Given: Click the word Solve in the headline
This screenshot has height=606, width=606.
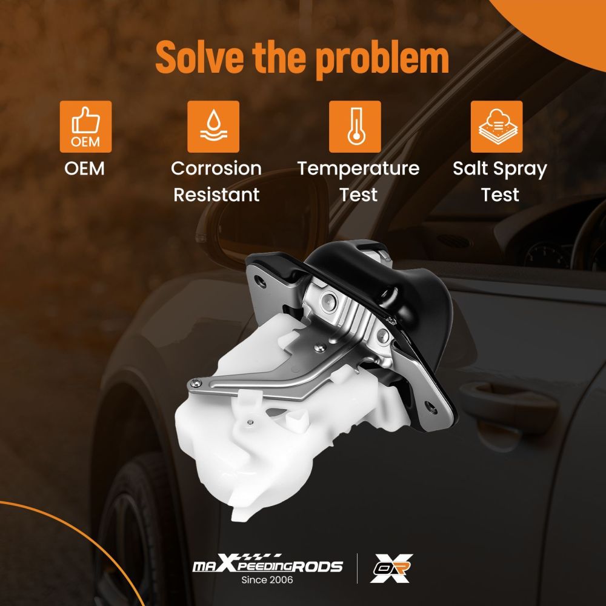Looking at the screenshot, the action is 199,57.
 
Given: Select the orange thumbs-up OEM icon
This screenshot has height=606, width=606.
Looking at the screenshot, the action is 86,127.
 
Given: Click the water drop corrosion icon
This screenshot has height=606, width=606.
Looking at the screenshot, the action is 213,127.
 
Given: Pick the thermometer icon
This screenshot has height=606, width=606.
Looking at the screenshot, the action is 355,127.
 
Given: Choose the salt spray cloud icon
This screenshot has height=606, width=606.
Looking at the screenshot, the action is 497,127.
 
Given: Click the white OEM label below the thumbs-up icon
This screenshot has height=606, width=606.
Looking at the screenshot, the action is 85,168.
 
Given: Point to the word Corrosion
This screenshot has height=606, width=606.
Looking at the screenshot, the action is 216,168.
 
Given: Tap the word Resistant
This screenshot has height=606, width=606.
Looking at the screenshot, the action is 216,195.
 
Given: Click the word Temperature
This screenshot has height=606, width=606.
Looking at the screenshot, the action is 358,169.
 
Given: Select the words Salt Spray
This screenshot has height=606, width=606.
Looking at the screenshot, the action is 500,169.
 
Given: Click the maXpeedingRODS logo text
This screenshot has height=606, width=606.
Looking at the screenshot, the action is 268,564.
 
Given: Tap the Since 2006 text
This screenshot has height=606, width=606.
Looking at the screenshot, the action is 267,580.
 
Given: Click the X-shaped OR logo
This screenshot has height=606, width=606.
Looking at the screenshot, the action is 391,568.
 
